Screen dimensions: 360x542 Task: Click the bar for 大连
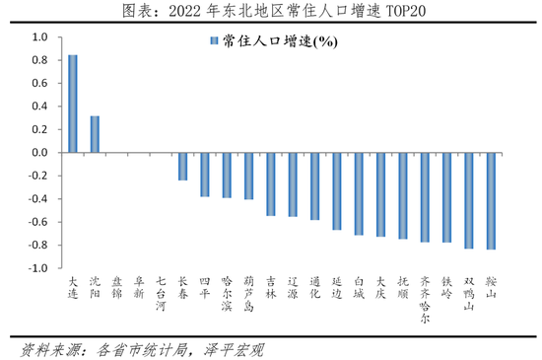point(72,104)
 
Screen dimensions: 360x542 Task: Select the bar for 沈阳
point(95,134)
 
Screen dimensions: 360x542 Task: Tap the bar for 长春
point(182,167)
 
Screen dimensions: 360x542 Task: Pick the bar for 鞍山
point(491,201)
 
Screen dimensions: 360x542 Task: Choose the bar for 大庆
point(380,194)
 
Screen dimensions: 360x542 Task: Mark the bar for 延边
point(337,191)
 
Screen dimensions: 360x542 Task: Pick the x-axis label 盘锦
point(116,287)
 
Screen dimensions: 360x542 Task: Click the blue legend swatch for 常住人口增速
point(212,42)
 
